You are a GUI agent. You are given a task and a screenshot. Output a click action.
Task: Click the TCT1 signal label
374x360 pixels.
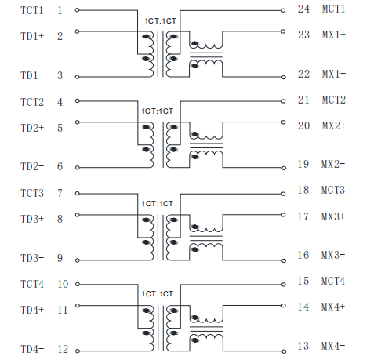(x=32, y=10)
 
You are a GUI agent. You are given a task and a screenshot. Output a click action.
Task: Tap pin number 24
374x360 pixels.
(x=303, y=9)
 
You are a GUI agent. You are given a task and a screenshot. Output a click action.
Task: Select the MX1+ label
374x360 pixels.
(x=334, y=35)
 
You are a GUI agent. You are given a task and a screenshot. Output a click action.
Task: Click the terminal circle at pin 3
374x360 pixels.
(x=77, y=77)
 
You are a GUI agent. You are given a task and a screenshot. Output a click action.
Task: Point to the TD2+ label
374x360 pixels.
(x=32, y=128)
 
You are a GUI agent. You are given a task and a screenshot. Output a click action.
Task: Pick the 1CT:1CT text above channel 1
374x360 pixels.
(x=161, y=21)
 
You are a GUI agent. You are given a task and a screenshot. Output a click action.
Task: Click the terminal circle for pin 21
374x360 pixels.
(x=283, y=101)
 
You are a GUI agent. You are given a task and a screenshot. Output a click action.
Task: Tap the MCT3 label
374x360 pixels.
(x=333, y=190)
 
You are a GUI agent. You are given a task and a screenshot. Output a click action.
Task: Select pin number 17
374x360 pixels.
(x=303, y=216)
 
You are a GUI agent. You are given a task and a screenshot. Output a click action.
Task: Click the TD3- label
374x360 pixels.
(x=32, y=258)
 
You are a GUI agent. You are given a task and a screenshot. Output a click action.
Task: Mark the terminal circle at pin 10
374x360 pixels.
(x=78, y=284)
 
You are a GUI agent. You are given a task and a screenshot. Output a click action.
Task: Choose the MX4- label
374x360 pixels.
(x=333, y=346)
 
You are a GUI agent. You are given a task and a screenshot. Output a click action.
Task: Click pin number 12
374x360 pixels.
(x=63, y=349)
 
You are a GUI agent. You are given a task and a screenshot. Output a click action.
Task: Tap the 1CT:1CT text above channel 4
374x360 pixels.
(x=158, y=294)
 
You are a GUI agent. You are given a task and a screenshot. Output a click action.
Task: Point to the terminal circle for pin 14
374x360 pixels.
(x=283, y=305)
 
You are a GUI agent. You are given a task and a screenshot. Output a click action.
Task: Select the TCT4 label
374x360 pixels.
(x=32, y=284)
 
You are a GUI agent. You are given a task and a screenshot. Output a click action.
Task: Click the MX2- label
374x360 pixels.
(x=333, y=164)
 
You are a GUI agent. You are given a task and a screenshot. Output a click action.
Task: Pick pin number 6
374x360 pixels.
(x=60, y=166)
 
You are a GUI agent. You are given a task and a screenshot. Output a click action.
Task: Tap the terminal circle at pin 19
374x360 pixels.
(x=284, y=168)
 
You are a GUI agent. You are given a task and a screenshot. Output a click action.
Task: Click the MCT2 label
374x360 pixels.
(x=334, y=100)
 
